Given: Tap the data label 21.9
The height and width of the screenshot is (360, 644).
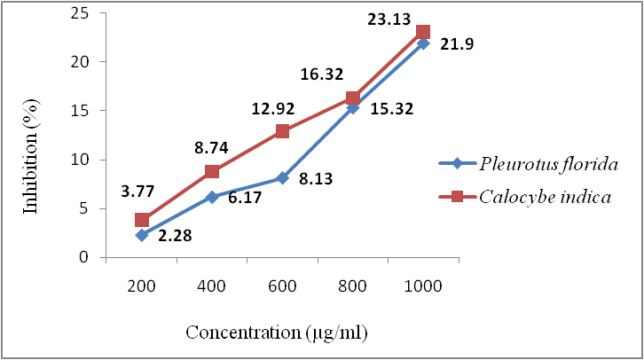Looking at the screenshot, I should [x=458, y=43].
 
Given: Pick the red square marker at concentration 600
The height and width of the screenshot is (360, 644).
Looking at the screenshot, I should [x=282, y=131].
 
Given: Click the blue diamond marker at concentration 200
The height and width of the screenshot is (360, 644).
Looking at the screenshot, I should [x=141, y=235].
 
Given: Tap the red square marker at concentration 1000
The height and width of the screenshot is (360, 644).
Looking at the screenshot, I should [x=423, y=32].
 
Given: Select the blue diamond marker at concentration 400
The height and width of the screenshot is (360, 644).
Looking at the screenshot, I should [x=212, y=197].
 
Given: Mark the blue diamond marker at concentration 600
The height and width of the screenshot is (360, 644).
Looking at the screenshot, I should [x=282, y=178].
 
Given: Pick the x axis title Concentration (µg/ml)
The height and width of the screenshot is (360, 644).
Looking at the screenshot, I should [x=276, y=333].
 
